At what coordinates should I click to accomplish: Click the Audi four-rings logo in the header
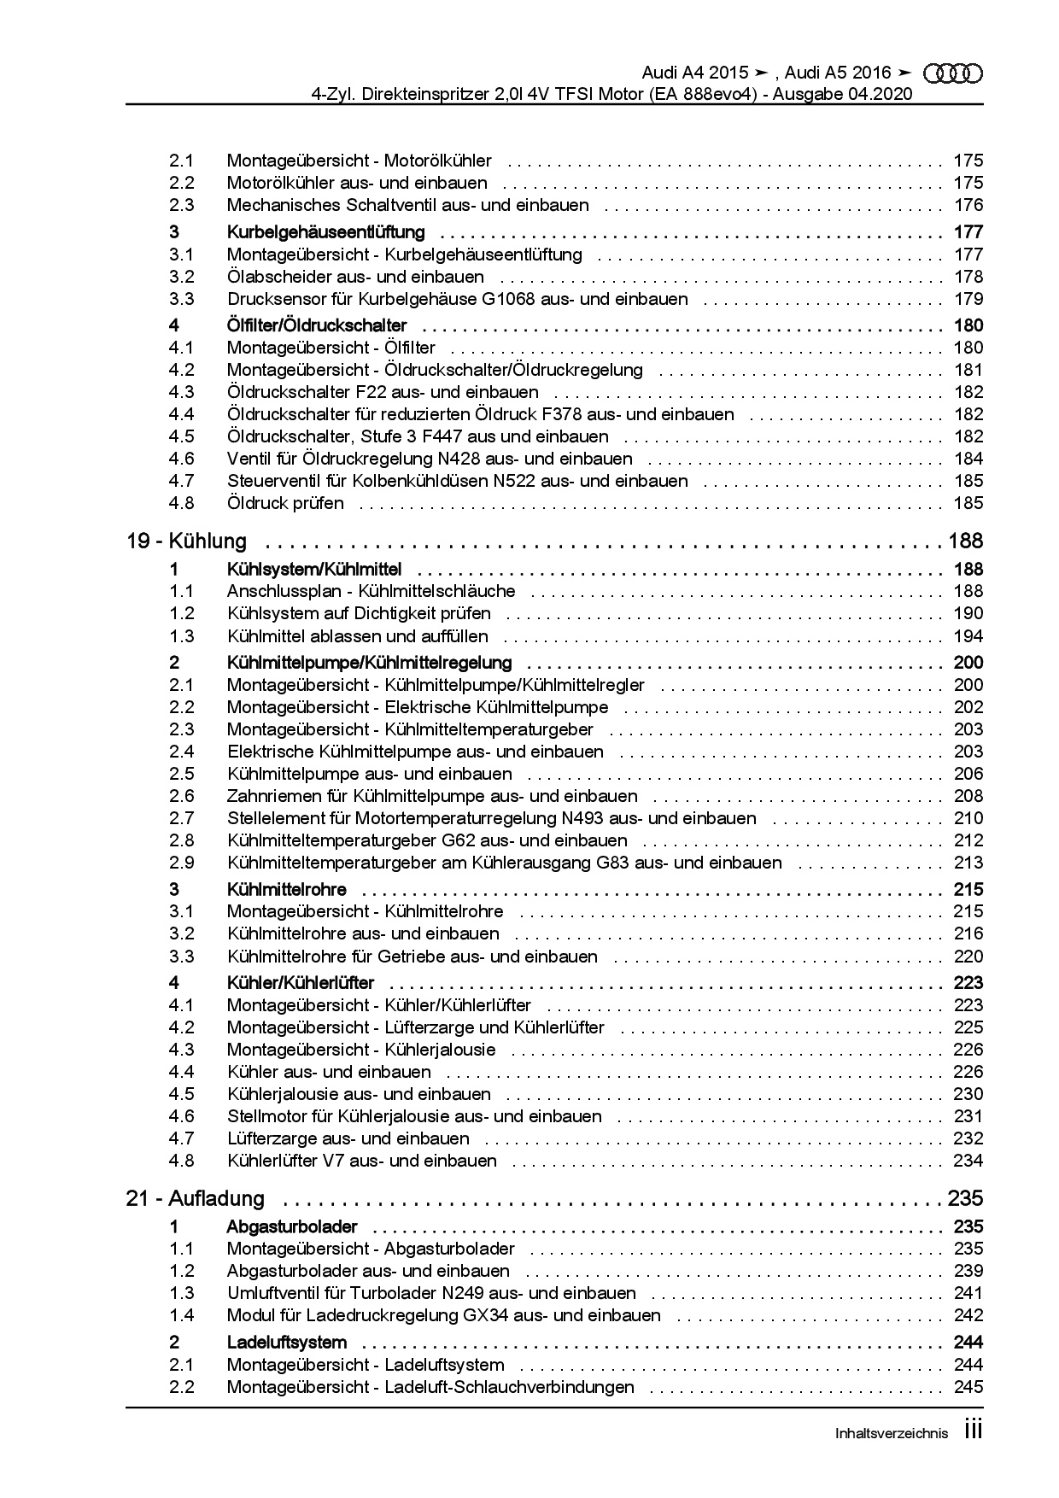click(x=953, y=74)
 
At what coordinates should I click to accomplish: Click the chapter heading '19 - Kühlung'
click(x=186, y=541)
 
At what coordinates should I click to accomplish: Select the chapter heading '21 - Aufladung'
click(x=195, y=1198)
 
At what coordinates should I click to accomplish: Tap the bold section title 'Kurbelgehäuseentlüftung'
click(x=325, y=231)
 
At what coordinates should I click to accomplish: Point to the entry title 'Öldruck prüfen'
click(x=285, y=503)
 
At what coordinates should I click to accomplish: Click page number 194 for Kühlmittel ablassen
click(x=968, y=636)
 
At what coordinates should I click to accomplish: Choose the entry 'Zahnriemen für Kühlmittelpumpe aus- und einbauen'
click(x=432, y=796)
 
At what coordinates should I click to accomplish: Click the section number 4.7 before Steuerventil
click(x=181, y=481)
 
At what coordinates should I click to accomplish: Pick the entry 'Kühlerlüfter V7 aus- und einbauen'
click(x=361, y=1161)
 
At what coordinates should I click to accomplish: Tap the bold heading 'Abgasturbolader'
click(x=291, y=1227)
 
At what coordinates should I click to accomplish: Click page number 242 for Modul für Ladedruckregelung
click(x=968, y=1315)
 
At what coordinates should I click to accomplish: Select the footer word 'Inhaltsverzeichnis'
click(x=891, y=1434)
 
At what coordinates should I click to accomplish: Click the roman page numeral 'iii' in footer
click(x=973, y=1431)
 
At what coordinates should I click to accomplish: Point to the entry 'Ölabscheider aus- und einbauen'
click(x=355, y=277)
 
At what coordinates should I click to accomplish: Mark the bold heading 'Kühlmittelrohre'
click(x=286, y=889)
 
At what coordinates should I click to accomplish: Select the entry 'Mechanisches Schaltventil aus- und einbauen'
click(x=407, y=205)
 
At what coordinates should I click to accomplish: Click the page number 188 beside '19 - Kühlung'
click(x=964, y=541)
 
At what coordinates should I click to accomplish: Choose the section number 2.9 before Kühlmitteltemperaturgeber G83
click(x=181, y=863)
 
